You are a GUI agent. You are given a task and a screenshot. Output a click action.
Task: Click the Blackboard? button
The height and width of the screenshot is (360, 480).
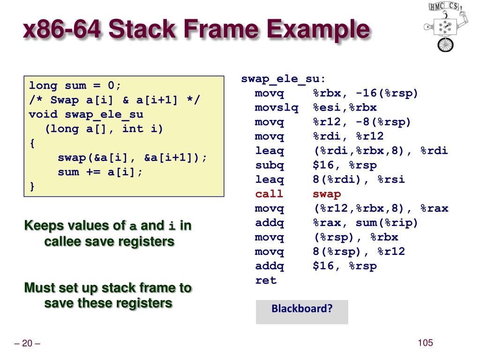click(x=302, y=309)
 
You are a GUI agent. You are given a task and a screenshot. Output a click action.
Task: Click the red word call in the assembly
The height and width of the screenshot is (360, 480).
click(x=269, y=194)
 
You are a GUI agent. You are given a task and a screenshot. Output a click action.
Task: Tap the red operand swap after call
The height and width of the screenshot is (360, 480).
click(x=327, y=194)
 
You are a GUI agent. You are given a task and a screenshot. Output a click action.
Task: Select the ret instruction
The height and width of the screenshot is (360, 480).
click(x=266, y=281)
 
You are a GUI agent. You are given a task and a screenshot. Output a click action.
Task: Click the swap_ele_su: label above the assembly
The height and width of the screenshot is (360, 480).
click(x=283, y=79)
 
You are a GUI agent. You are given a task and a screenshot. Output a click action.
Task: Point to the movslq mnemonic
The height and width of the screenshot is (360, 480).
click(x=277, y=108)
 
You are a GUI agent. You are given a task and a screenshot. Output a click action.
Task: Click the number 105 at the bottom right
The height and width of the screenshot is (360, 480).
click(x=425, y=343)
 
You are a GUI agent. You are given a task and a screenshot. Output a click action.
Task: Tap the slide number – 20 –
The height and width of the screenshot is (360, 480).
click(x=27, y=344)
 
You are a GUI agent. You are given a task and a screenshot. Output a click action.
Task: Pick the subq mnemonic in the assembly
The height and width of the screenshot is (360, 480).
click(x=269, y=165)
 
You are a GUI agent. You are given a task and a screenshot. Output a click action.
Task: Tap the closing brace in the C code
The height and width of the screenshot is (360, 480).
click(x=32, y=187)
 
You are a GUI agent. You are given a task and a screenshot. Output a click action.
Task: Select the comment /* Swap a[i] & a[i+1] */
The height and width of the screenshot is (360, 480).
click(x=114, y=100)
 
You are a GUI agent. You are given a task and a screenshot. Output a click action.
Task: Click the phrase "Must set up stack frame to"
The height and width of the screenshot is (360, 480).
click(x=108, y=287)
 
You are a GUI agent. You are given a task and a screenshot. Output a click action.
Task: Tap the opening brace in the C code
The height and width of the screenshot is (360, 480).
click(x=32, y=143)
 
